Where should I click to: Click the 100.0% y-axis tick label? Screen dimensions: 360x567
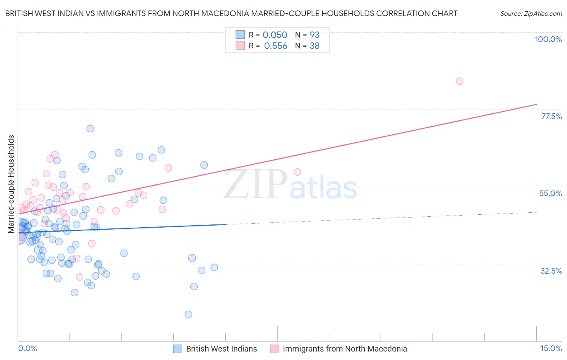pos(548,39)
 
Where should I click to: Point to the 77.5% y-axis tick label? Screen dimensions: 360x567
pos(551,116)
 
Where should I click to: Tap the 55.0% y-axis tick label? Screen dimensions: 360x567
pos(550,193)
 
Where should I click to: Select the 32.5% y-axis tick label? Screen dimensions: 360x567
pos(551,271)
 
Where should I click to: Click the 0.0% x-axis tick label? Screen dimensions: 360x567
pos(27,348)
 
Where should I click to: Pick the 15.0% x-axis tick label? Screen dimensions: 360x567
pos(551,348)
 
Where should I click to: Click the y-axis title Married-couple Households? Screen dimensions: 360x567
pos(11,184)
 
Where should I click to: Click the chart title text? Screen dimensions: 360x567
pos(231,13)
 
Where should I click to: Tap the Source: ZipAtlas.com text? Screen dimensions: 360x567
pos(531,13)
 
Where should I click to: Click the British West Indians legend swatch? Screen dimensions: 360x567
pos(178,349)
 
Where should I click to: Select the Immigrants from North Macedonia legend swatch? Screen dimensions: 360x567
pos(275,349)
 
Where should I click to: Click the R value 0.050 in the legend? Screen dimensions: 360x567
pos(275,35)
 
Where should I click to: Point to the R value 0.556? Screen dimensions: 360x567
pos(275,46)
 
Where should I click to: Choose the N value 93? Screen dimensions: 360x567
pos(315,35)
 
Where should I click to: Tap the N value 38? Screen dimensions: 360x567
pos(315,46)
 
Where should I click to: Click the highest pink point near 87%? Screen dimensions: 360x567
pos(459,81)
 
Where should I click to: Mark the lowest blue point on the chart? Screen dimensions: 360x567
pos(188,314)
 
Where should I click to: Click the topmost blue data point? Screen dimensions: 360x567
pos(90,129)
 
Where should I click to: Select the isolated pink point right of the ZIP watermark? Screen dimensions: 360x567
pos(297,172)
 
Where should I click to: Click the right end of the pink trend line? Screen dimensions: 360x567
pos(537,104)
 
